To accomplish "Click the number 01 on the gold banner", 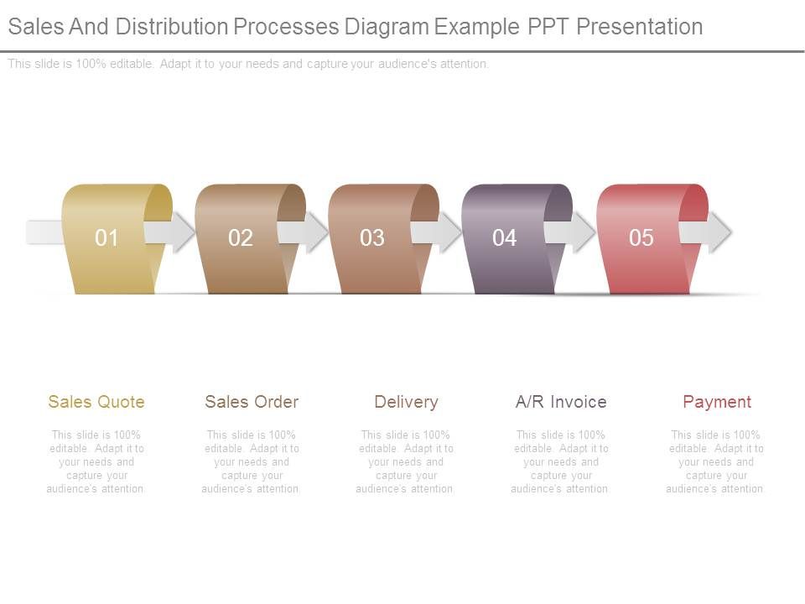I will (106, 238).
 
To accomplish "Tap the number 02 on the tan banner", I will (240, 238).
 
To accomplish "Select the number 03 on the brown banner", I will (372, 238).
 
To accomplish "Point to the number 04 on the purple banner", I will (505, 238).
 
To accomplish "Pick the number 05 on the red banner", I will (641, 238).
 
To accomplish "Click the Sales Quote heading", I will (96, 402).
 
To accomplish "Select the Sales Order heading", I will (252, 402).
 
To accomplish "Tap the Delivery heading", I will (406, 402).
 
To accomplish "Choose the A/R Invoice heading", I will (561, 402).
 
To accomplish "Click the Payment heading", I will (717, 402).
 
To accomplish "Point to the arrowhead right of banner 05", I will (718, 232).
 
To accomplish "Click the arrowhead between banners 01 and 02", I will (183, 232).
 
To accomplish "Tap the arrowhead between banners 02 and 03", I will (316, 232).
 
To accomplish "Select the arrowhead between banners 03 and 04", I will (449, 232).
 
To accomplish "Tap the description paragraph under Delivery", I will (406, 461).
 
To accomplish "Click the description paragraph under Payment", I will (716, 461).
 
